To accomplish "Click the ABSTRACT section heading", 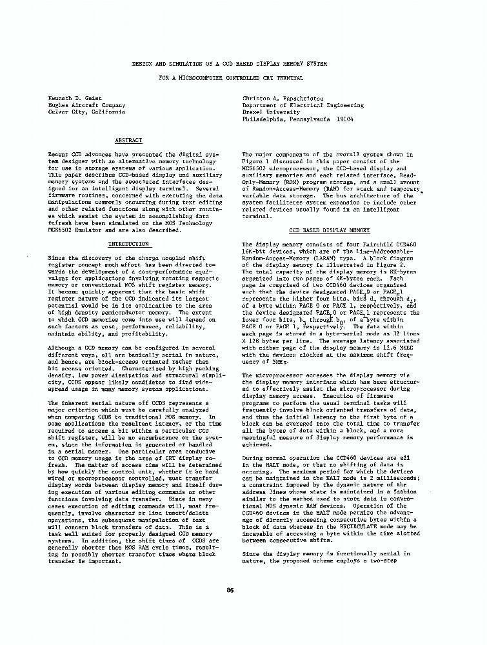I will pyautogui.click(x=128, y=140).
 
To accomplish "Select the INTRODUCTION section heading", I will pyautogui.click(x=128, y=244).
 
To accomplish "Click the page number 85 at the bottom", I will pyautogui.click(x=230, y=590).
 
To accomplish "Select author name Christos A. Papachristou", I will pyautogui.click(x=283, y=97).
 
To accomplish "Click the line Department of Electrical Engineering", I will pyautogui.click(x=293, y=104).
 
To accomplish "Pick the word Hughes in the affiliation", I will pyautogui.click(x=60, y=104).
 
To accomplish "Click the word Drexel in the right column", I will pyautogui.click(x=253, y=112).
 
